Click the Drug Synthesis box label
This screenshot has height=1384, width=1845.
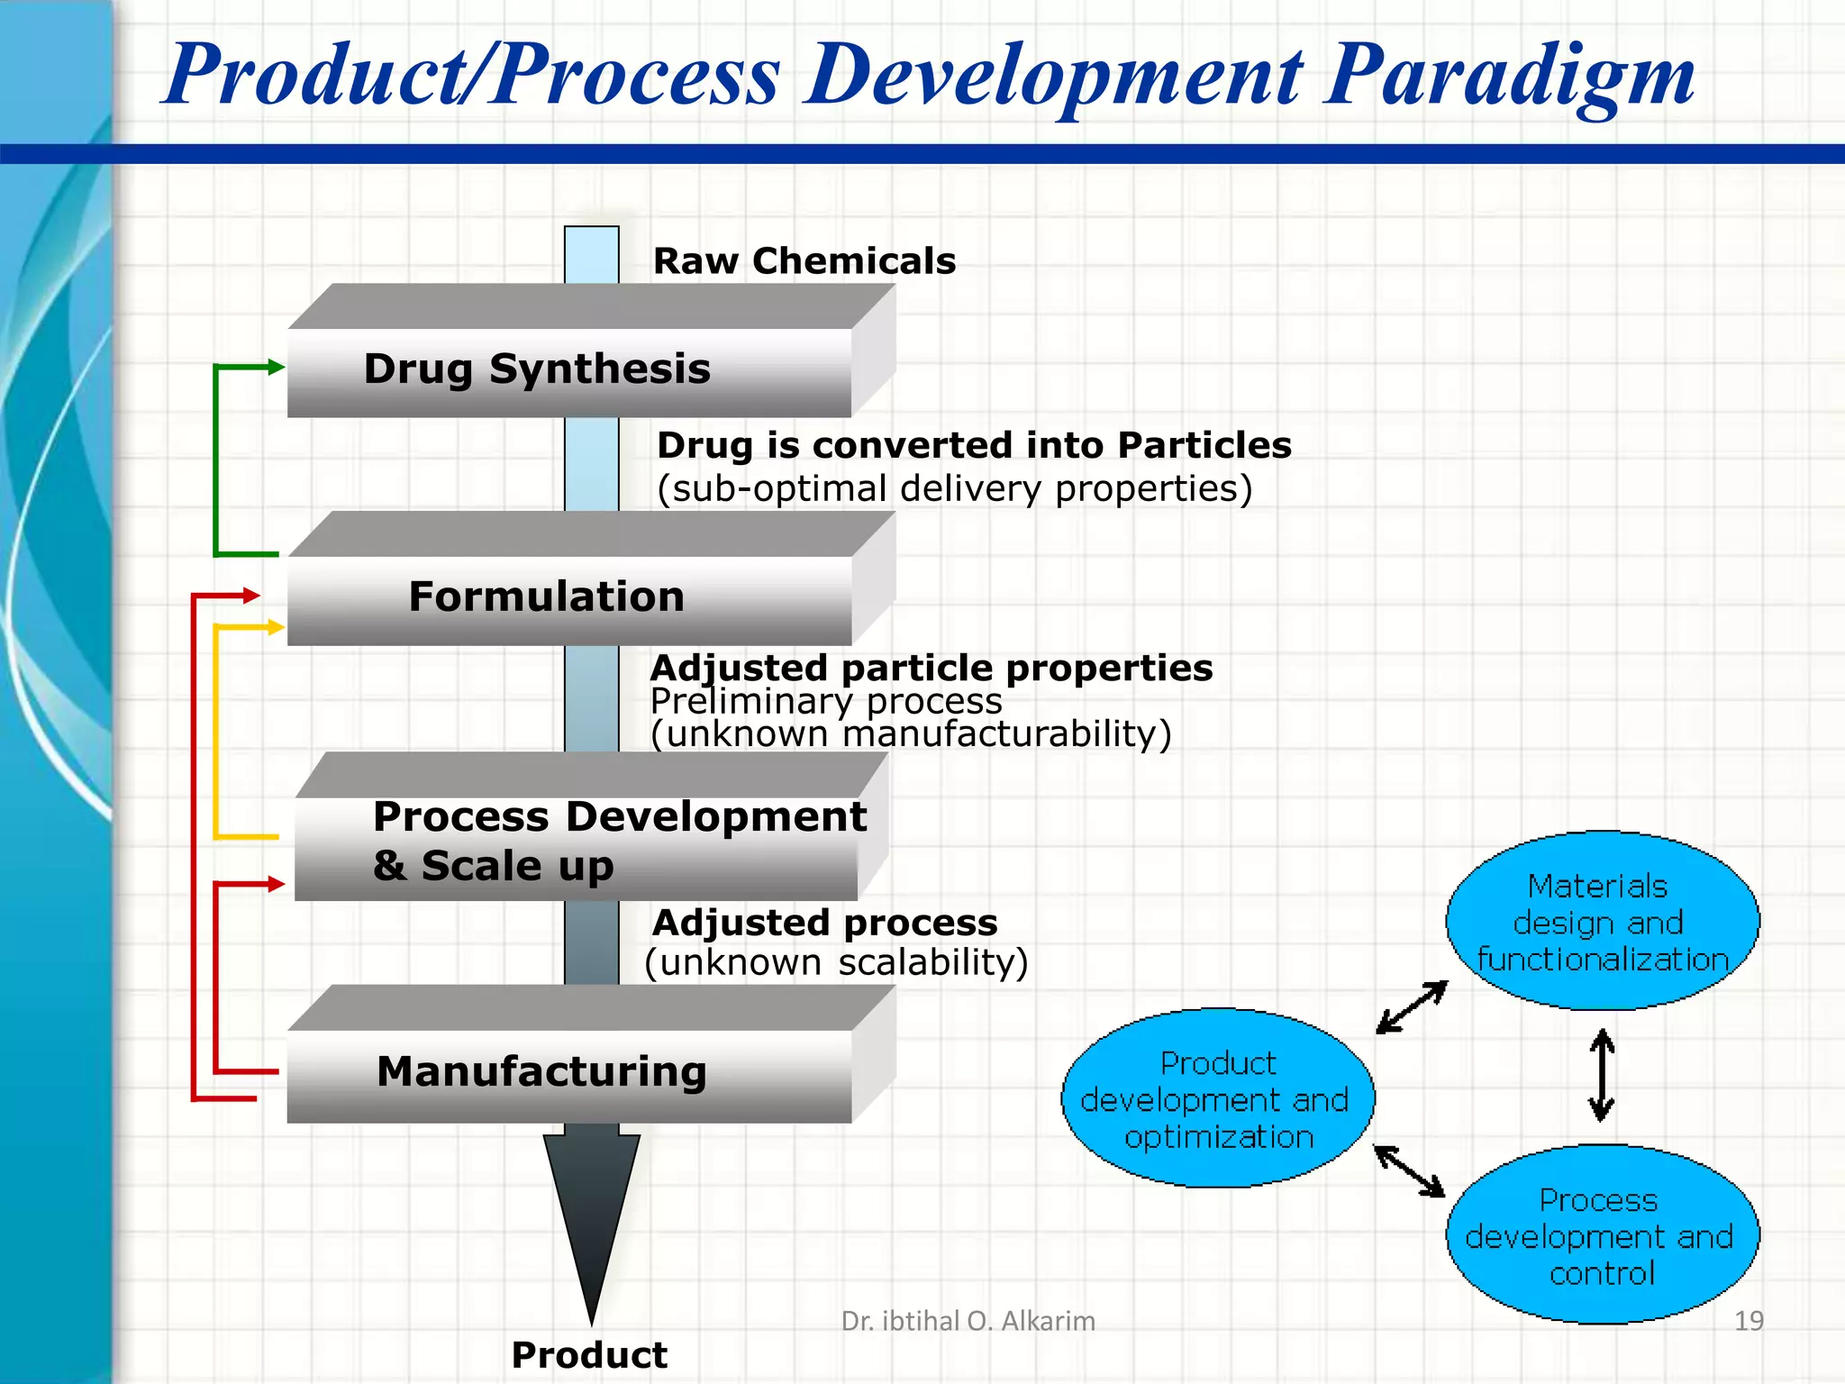coord(537,369)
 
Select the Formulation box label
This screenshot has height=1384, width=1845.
coord(546,597)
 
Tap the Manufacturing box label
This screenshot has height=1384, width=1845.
coord(541,1072)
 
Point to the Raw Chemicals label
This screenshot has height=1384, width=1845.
coord(804,261)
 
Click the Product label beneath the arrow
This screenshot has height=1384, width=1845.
coord(589,1354)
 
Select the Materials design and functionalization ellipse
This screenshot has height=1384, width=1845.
coord(1602,921)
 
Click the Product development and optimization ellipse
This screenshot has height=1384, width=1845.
coord(1217,1099)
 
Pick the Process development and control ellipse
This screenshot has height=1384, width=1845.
coord(1601,1235)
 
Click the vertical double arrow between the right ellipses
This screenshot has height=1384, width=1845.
coord(1601,1076)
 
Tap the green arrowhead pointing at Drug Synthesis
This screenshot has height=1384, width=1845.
coord(276,367)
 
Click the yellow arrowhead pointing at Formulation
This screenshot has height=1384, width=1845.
coord(277,627)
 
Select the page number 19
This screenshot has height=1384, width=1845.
coord(1748,1321)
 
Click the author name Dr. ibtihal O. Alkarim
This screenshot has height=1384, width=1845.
coord(968,1321)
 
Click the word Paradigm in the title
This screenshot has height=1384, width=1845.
coord(1508,76)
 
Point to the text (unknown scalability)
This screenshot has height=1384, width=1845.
coord(836,962)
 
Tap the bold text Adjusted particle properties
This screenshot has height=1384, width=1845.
coord(931,669)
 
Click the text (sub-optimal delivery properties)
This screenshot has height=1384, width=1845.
coord(954,489)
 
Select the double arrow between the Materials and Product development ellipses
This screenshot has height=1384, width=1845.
coord(1412,1007)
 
